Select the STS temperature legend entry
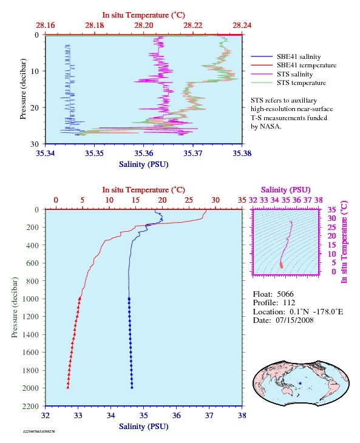tap(288, 83)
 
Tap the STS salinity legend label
tap(294, 74)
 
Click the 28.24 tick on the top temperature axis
tap(242, 25)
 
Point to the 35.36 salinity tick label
tap(143, 154)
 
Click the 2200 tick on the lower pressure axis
tap(30, 406)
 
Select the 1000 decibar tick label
tap(30, 299)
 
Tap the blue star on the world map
tap(300, 384)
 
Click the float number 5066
tap(285, 294)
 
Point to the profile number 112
tap(289, 303)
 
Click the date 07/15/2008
tap(294, 320)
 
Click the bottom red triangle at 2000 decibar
tap(68, 387)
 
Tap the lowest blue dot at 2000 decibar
tap(132, 388)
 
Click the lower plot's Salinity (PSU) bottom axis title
tap(143, 427)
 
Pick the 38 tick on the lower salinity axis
tap(242, 416)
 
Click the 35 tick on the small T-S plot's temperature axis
tap(331, 209)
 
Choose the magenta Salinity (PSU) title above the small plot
tap(286, 190)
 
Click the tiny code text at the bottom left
tap(39, 431)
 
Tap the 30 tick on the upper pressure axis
tap(35, 144)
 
